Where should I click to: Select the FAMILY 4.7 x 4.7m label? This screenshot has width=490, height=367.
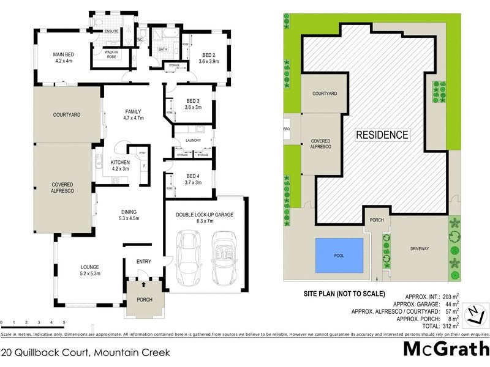coord(133,114)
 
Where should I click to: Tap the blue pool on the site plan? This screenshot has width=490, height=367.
coord(339,255)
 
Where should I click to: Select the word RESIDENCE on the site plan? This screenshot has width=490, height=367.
coord(382,135)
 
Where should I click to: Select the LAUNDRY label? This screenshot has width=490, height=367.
coord(193,141)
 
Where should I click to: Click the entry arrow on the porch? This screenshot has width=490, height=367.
coord(144,284)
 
